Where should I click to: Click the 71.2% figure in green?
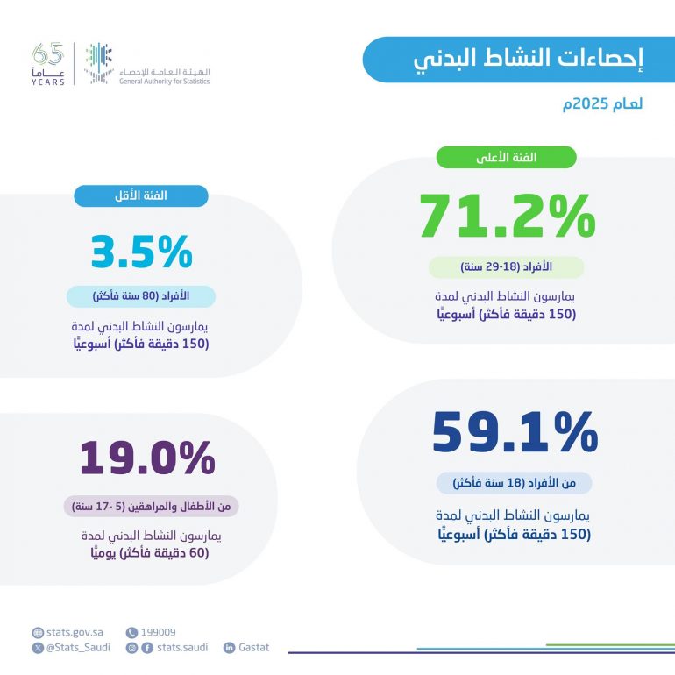coord(507,216)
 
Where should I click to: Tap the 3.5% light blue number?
coord(141,251)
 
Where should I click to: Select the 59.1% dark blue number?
coord(515,432)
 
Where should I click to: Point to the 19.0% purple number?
coord(146,458)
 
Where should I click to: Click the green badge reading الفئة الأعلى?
coord(507,158)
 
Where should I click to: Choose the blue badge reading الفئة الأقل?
coord(141,195)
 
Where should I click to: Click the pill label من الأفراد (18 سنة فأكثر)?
coord(515,483)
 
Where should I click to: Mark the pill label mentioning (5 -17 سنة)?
coord(151,507)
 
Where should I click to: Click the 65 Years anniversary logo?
coord(47,65)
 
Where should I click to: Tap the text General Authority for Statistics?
coord(165,82)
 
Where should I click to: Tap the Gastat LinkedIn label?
coord(252,648)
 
